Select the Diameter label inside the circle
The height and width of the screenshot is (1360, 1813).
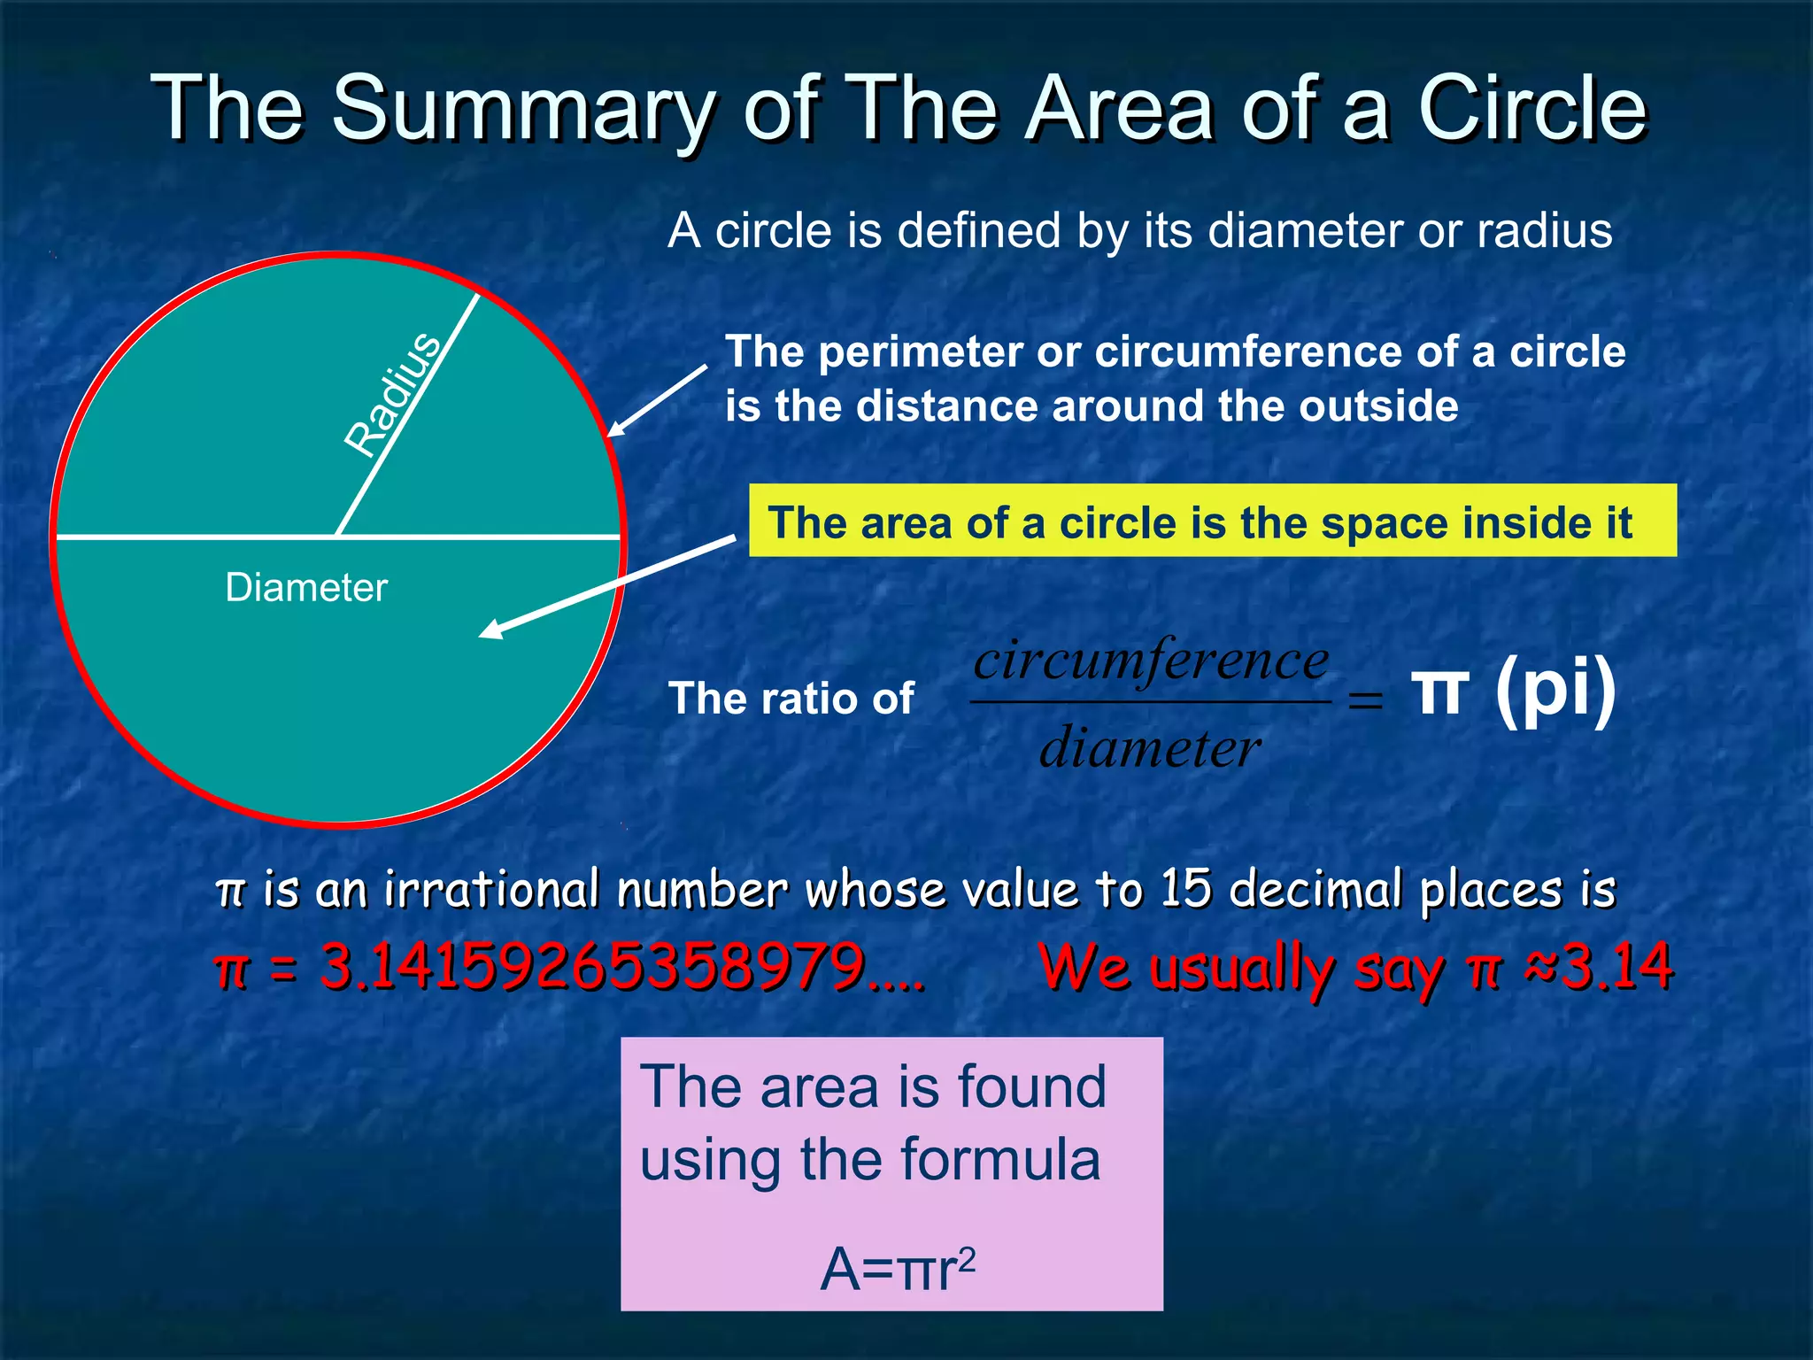click(306, 588)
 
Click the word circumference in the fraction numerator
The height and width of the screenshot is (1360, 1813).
click(1151, 661)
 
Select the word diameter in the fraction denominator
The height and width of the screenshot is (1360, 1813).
click(1149, 749)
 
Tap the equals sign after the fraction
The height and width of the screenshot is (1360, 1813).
click(1364, 701)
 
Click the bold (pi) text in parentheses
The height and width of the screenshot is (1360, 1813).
click(1555, 691)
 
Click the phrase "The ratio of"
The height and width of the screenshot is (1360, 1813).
click(791, 699)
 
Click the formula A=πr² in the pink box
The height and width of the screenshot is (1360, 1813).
click(897, 1268)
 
